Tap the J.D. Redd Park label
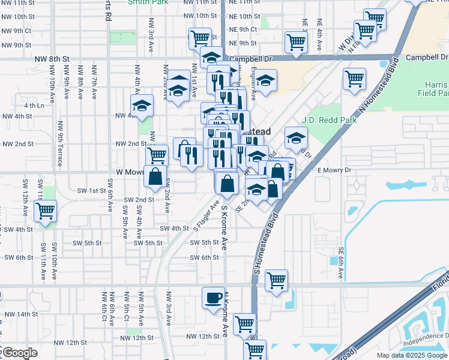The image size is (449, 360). [x=329, y=120]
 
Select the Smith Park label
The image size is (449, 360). [x=147, y=2]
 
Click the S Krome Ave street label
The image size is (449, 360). [x=225, y=227]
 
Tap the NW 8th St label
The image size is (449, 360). [x=49, y=59]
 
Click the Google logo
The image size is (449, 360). [x=19, y=353]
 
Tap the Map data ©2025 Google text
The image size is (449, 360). [x=411, y=355]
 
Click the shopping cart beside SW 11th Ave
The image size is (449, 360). [x=45, y=211]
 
